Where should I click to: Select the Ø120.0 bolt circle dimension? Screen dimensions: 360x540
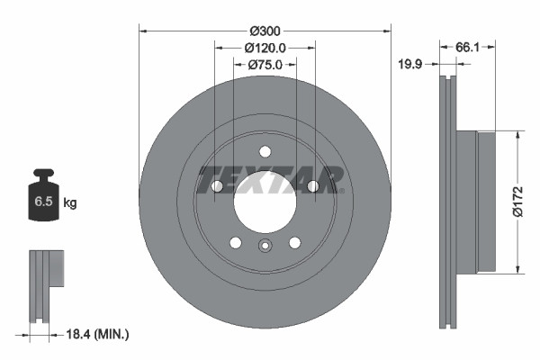pyautogui.click(x=265, y=48)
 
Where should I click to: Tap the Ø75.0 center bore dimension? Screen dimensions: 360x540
pyautogui.click(x=265, y=64)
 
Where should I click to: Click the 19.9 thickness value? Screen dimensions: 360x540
pyautogui.click(x=412, y=64)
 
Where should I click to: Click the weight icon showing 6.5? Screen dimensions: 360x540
pyautogui.click(x=43, y=201)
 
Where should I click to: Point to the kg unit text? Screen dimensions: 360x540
pyautogui.click(x=70, y=204)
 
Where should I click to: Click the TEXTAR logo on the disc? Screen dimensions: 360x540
pyautogui.click(x=270, y=179)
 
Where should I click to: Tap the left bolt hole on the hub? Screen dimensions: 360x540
pyautogui.click(x=217, y=186)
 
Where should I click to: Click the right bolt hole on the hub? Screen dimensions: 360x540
pyautogui.click(x=312, y=186)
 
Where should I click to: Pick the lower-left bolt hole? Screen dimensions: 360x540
pyautogui.click(x=235, y=242)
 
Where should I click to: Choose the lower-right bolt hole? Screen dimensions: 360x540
pyautogui.click(x=294, y=242)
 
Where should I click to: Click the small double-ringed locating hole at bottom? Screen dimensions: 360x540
pyautogui.click(x=265, y=247)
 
